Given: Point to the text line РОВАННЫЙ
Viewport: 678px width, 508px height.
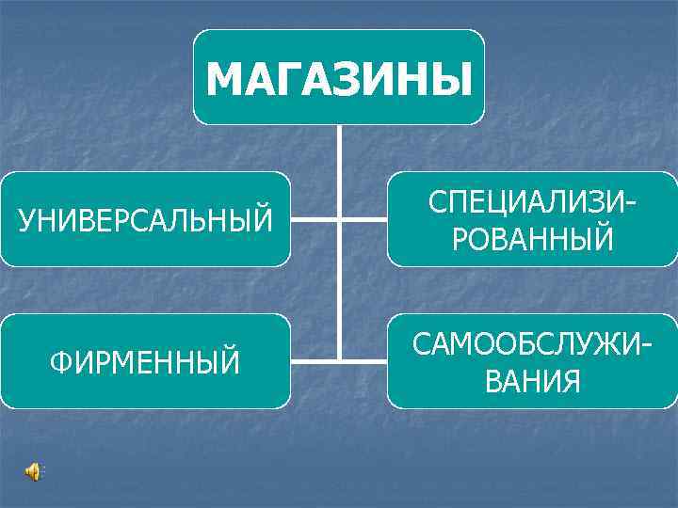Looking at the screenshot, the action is pyautogui.click(x=532, y=238).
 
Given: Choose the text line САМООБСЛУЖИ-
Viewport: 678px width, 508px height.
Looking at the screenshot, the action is pyautogui.click(x=532, y=344).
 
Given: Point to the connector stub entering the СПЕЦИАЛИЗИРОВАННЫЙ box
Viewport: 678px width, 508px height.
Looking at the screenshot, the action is pyautogui.click(x=364, y=219).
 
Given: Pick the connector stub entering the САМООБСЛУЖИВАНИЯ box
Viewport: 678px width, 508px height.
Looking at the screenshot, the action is pyautogui.click(x=364, y=360).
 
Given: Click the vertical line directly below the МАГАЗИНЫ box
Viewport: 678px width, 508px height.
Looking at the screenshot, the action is pyautogui.click(x=339, y=151).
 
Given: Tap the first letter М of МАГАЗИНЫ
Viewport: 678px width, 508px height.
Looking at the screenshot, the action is pyautogui.click(x=223, y=78).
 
